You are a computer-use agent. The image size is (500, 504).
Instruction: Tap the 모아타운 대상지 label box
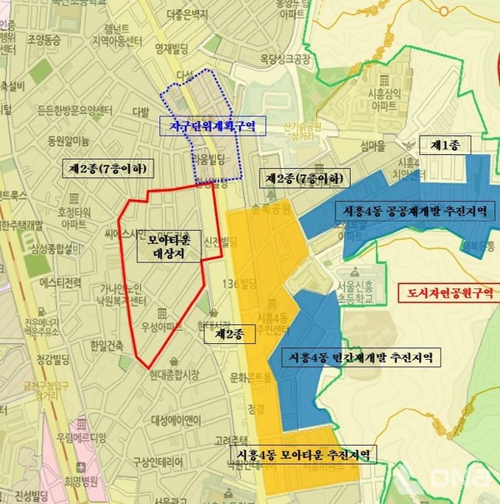(169, 247)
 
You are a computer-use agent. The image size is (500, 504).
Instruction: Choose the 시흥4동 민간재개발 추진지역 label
(362, 358)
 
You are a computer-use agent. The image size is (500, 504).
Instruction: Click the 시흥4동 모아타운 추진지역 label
(304, 454)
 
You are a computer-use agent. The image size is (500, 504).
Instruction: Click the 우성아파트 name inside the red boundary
(167, 327)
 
